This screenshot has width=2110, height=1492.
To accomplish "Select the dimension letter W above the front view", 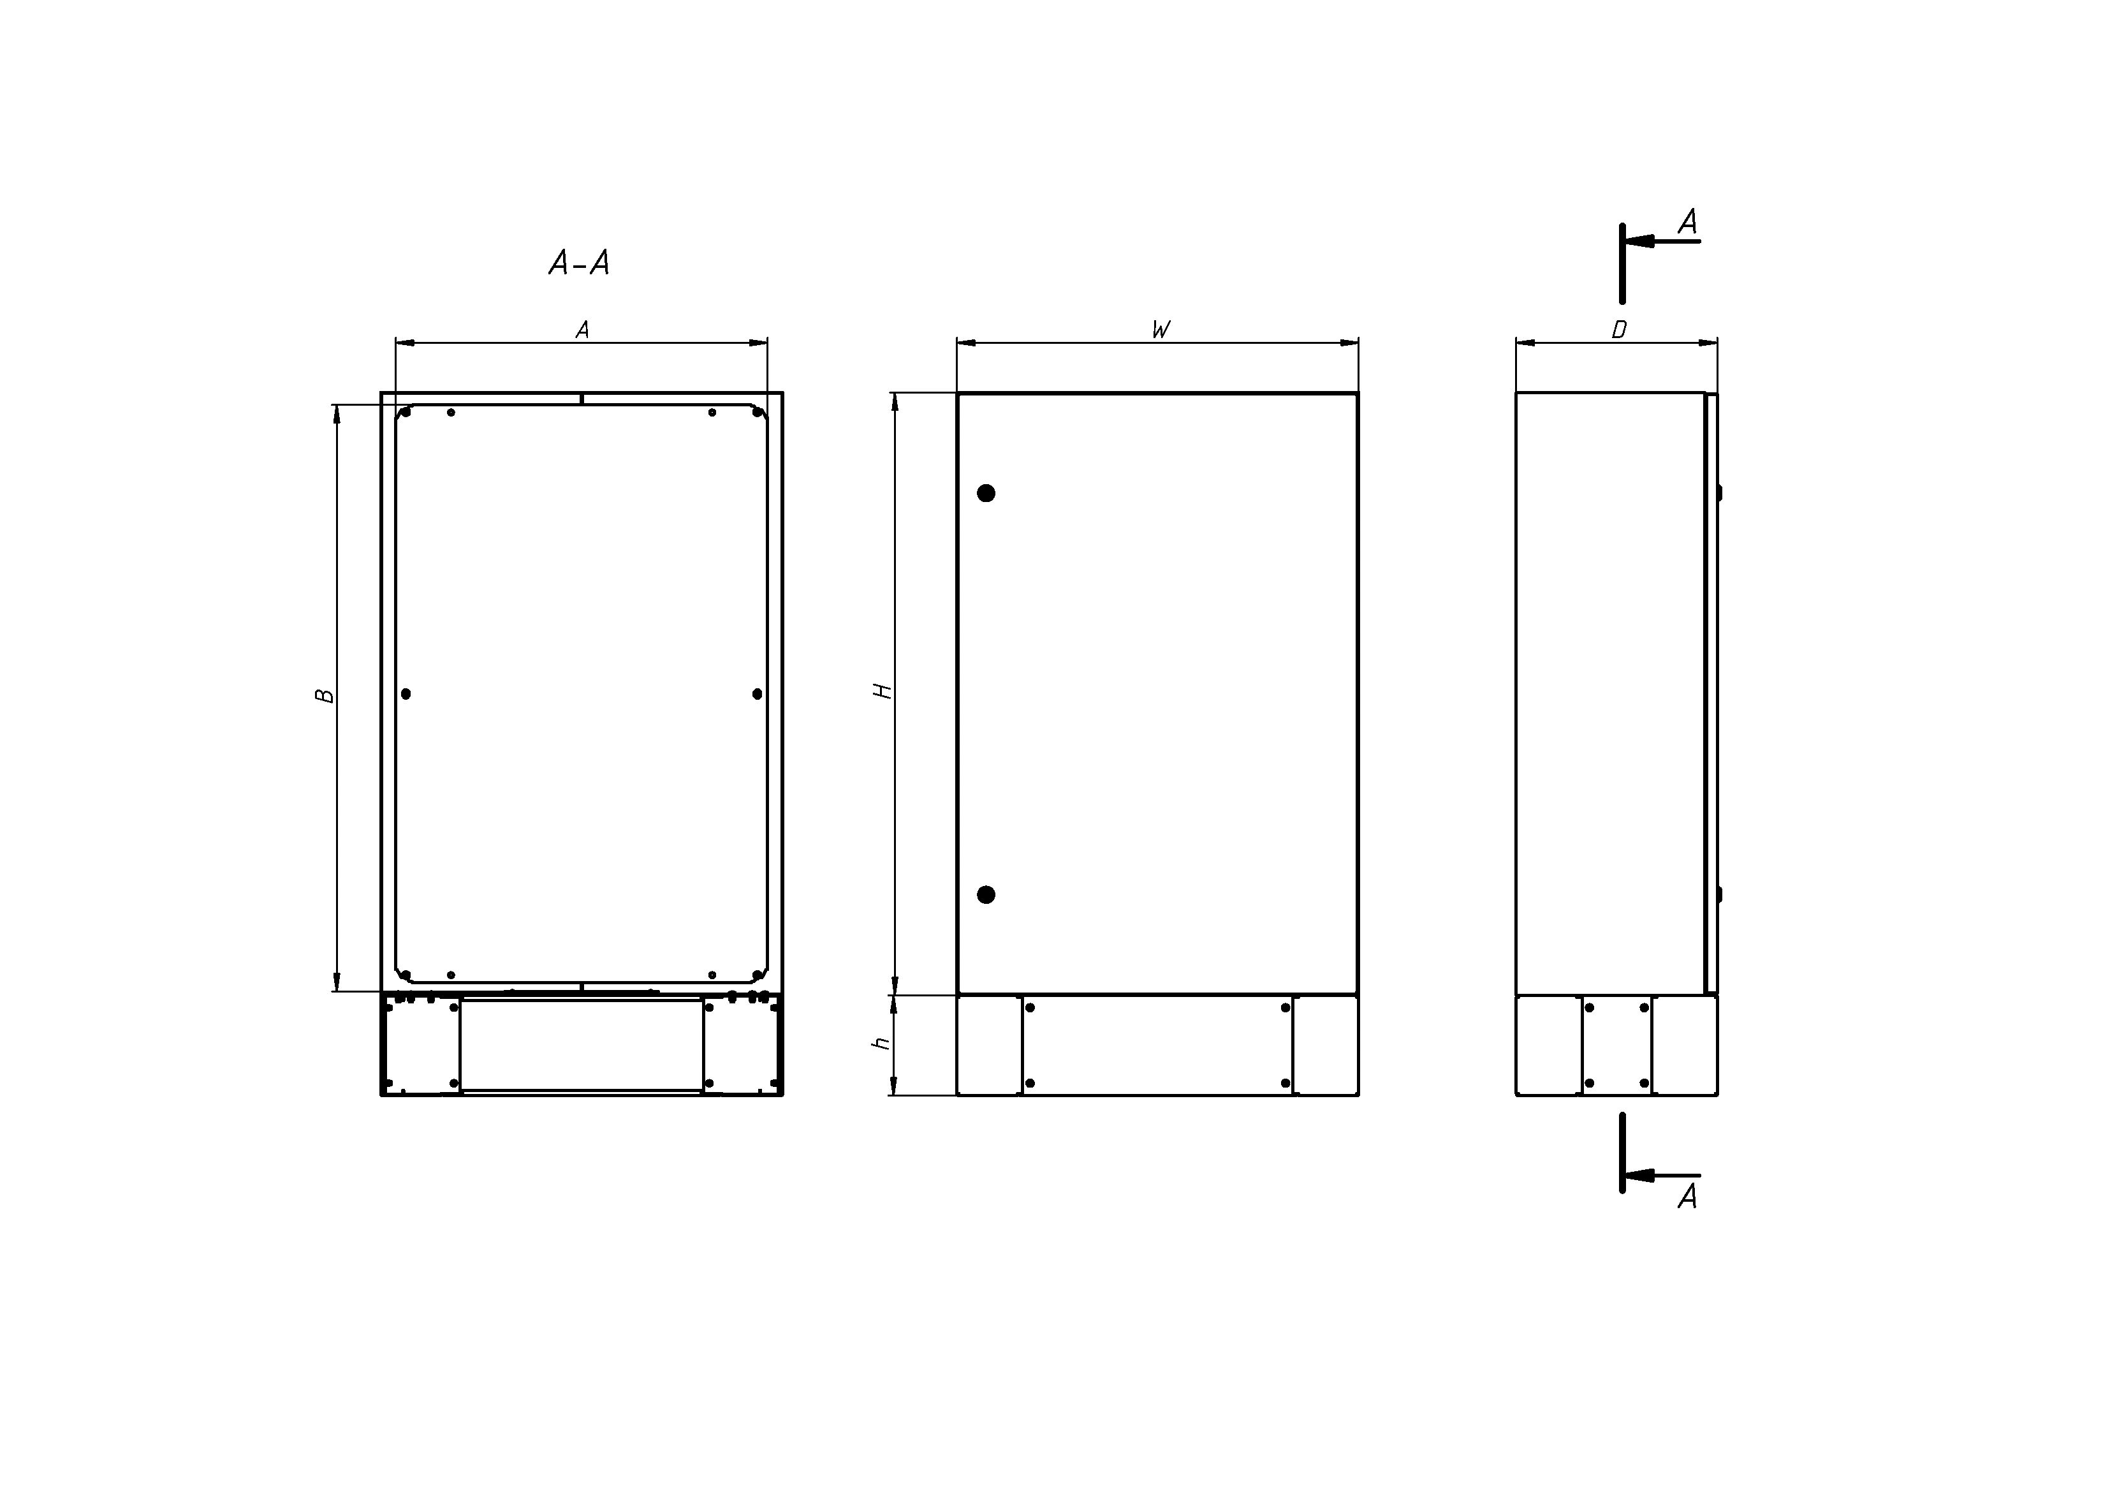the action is tap(1161, 330).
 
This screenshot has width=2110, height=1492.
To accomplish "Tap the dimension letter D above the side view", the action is tap(1619, 330).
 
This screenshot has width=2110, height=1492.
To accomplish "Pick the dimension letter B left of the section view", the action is tap(325, 696).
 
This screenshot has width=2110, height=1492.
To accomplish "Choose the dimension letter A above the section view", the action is tap(582, 330).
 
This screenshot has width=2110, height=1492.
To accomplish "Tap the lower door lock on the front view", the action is tap(986, 894).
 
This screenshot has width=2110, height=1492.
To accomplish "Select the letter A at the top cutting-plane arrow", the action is tap(1687, 221).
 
